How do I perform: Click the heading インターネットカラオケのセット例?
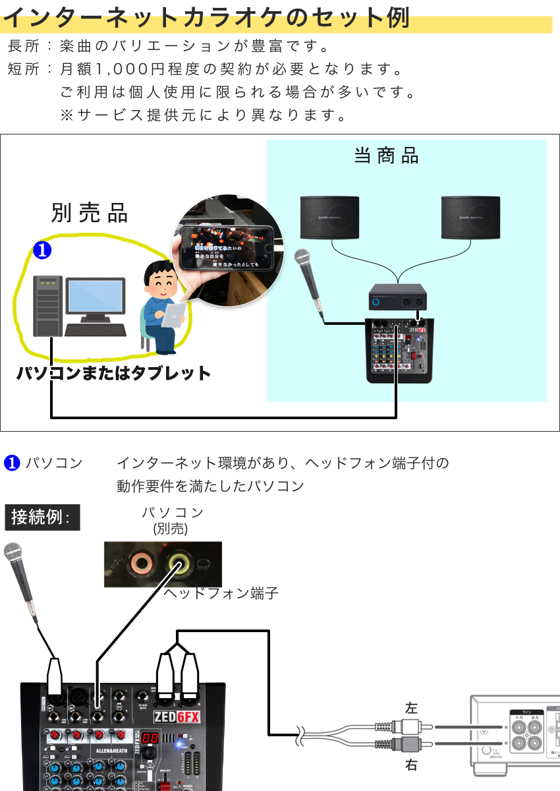point(206,18)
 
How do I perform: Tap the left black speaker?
point(329,217)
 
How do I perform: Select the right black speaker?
point(470,217)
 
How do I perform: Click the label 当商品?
point(387,156)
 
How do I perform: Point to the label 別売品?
point(90,213)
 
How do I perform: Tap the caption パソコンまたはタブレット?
point(113,373)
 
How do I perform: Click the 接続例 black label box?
point(42,517)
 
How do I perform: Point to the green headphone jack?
point(178,564)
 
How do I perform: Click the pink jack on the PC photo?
point(140,564)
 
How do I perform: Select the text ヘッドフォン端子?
point(221,593)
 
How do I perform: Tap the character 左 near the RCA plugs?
point(412,709)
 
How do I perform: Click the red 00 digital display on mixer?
point(150,738)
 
